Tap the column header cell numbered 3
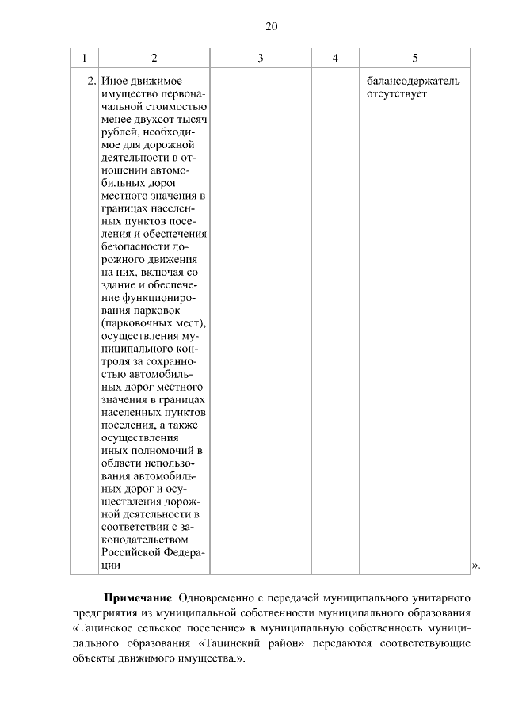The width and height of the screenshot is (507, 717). pos(261,58)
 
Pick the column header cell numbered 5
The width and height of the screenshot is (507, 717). pos(415,58)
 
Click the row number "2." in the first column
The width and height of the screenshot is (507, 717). pos(91,81)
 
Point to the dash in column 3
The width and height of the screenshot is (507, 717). pos(261,81)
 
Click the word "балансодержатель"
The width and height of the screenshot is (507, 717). pos(414,81)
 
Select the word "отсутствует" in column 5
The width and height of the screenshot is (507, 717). pos(397,94)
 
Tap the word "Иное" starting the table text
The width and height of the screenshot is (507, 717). pos(114,81)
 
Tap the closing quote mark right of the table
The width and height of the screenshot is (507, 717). pos(475,565)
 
